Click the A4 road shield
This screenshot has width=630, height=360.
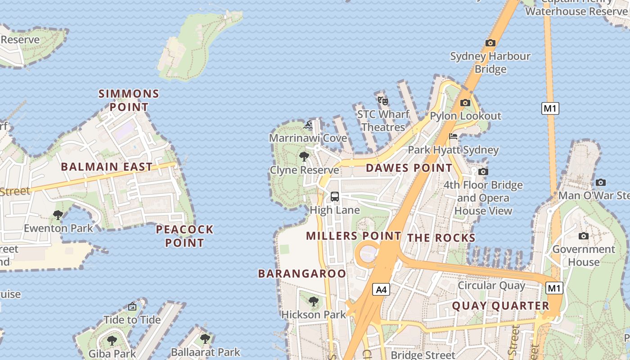381,289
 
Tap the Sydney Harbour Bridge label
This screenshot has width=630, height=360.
490,63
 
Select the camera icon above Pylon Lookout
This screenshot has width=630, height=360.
465,103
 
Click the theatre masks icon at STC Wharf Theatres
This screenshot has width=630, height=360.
383,101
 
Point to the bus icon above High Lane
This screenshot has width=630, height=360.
335,196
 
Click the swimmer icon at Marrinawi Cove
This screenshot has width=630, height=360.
308,125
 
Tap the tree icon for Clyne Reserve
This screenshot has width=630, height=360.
304,157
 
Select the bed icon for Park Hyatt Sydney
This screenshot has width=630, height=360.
453,136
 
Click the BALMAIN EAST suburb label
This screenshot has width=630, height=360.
107,167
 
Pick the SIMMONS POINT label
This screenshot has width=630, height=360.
129,100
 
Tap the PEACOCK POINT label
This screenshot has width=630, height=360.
184,236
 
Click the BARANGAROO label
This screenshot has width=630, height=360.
302,274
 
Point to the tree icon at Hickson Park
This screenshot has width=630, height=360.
314,301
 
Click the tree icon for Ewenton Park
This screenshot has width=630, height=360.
58,215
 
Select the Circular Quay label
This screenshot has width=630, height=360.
491,285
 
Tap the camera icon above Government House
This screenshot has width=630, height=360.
584,236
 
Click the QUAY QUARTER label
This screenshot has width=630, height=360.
500,306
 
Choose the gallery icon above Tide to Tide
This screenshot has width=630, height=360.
132,306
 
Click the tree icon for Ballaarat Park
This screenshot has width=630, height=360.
205,338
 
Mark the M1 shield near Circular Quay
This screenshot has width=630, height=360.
554,288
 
